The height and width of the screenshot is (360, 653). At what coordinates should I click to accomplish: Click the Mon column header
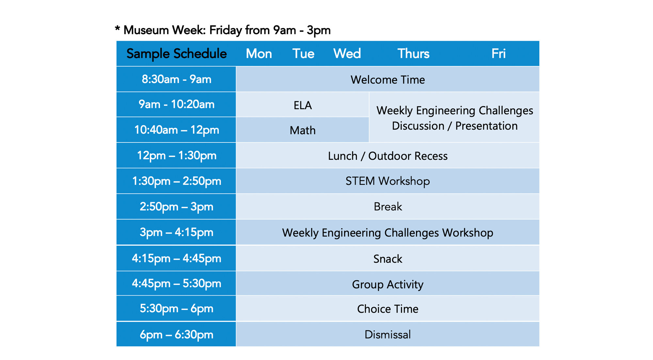click(259, 54)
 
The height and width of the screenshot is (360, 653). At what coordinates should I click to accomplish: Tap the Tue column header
click(303, 54)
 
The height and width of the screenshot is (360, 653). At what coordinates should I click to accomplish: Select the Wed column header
click(347, 54)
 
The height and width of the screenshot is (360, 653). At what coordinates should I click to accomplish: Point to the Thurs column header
click(413, 54)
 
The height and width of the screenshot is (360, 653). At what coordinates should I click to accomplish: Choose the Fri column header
click(498, 54)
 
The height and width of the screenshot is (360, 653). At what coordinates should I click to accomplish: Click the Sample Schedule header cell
click(176, 54)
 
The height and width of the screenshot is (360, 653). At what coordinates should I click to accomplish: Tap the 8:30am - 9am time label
click(176, 79)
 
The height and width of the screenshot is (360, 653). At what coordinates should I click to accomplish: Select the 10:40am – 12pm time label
click(176, 130)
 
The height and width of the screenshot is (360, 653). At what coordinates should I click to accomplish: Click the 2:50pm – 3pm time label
click(176, 206)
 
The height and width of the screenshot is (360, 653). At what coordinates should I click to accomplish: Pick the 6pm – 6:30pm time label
click(176, 335)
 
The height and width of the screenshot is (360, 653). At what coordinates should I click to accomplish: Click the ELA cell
click(303, 105)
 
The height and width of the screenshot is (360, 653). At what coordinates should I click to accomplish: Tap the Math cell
click(303, 130)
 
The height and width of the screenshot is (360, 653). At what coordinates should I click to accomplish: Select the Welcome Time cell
click(388, 80)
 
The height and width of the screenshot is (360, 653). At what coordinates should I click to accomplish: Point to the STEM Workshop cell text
click(388, 181)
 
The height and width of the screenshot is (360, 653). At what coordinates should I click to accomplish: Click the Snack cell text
click(388, 259)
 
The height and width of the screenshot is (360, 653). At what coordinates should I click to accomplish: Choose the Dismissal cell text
click(388, 335)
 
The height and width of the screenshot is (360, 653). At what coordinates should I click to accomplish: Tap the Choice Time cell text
click(388, 309)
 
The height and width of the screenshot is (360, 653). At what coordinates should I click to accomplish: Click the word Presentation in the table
click(486, 126)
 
